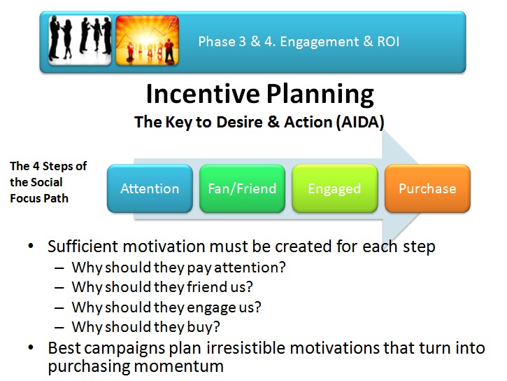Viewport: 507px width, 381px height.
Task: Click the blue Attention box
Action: [150, 188]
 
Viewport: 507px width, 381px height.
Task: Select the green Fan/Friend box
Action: [242, 188]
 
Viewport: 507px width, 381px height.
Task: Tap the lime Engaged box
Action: [335, 188]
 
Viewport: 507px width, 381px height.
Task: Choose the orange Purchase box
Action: [427, 188]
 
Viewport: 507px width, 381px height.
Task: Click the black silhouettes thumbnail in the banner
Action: [80, 41]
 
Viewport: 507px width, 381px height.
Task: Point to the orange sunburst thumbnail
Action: [147, 41]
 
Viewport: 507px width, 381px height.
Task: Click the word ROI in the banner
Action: [388, 42]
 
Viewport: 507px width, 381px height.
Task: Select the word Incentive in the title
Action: [203, 94]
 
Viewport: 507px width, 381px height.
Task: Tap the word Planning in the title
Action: [320, 95]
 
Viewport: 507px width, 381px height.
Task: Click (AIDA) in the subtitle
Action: [360, 123]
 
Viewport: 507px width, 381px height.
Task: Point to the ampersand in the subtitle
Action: [273, 122]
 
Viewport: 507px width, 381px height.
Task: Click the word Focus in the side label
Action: [24, 198]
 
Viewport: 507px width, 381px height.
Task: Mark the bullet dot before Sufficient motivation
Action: [31, 246]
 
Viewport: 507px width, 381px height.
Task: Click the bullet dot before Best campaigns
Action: [31, 347]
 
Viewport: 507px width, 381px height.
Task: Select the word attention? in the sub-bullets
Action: [250, 268]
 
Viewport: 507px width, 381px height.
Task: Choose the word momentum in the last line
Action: [179, 367]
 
